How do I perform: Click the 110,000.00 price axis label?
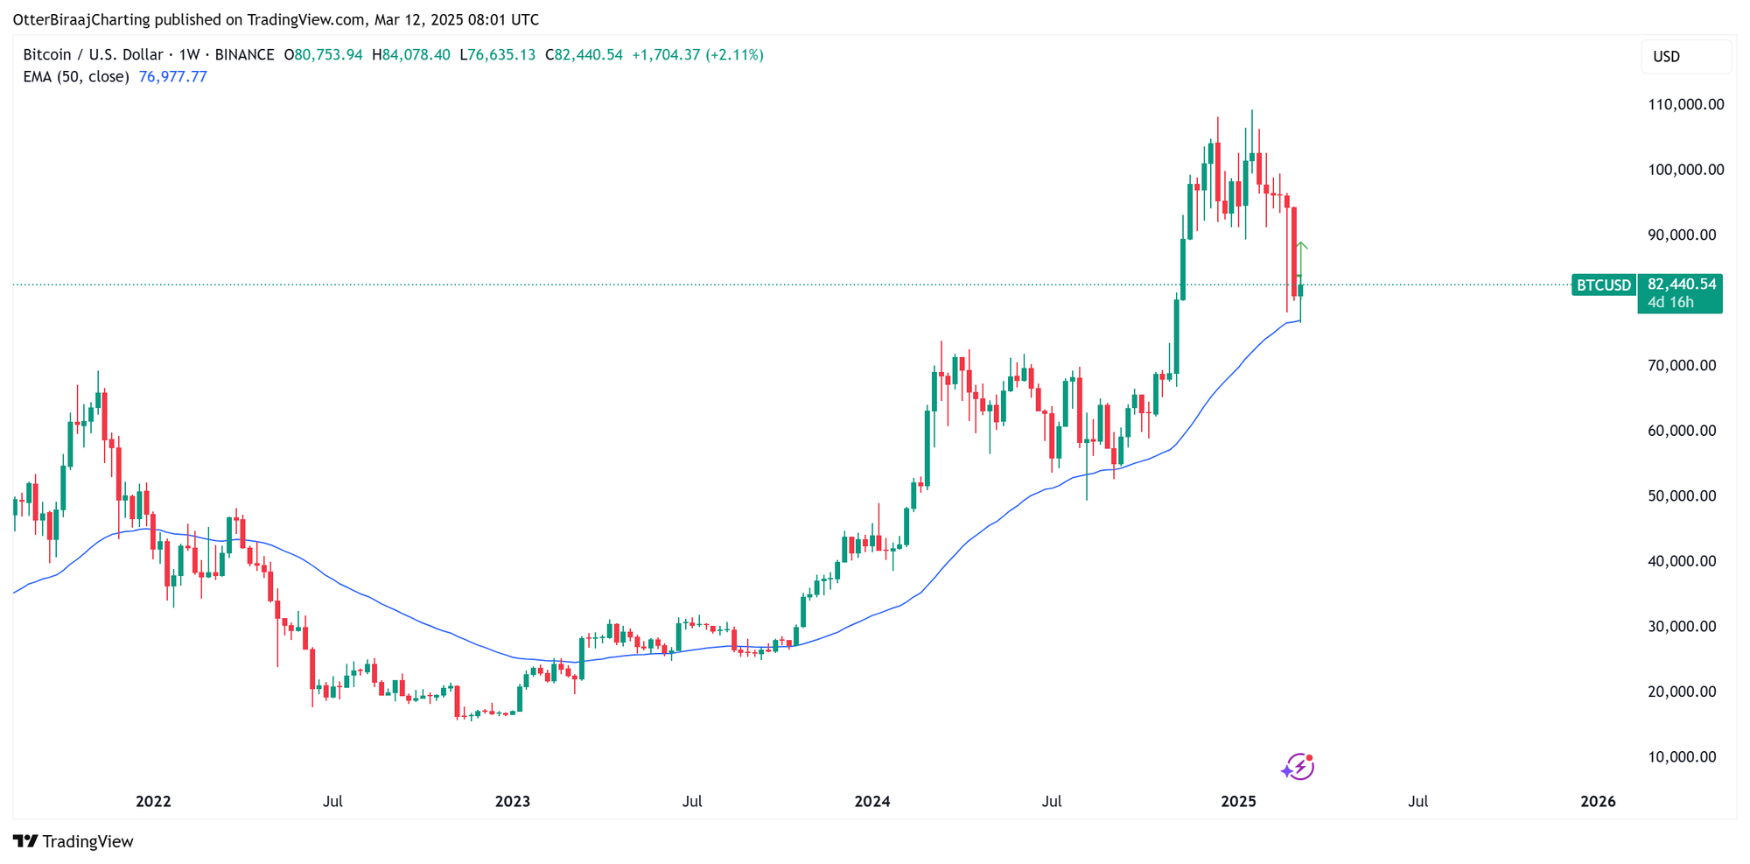coord(1685,104)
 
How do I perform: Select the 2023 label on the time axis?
coord(512,801)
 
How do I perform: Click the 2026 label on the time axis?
coord(1598,801)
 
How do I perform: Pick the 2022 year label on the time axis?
coord(153,801)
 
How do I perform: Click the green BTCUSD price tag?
coord(1603,284)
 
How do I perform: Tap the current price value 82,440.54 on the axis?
coord(1681,284)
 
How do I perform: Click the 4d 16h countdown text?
coord(1670,302)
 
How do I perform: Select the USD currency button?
coord(1666,57)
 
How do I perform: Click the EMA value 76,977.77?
coord(173,77)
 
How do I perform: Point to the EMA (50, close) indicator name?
coord(76,77)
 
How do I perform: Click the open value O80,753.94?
coord(323,54)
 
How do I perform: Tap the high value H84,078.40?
coord(411,54)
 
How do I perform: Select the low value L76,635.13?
coord(497,54)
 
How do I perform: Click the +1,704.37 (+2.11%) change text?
coord(697,54)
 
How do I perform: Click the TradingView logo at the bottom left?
coord(73,841)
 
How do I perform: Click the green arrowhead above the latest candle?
coord(1302,246)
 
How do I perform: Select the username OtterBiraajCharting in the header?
coord(81,19)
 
